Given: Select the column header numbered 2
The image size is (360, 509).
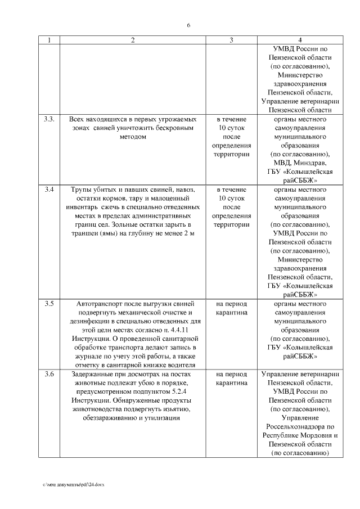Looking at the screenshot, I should coord(133,40).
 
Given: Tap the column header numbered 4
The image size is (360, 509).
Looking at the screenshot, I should coord(300,40).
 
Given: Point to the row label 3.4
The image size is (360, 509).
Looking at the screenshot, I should coord(49,189).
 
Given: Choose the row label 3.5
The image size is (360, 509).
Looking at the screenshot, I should coord(49,304).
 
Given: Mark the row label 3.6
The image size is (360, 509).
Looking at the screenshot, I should coord(49,374).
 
